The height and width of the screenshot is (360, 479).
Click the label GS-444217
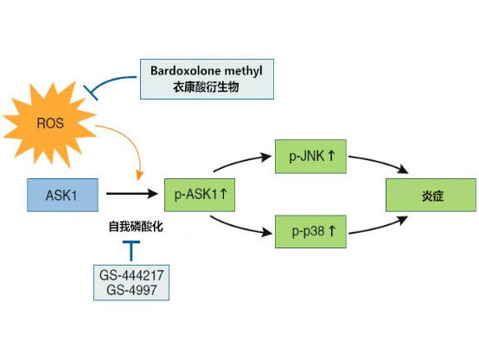click(x=131, y=277)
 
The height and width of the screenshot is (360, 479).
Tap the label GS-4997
click(x=131, y=291)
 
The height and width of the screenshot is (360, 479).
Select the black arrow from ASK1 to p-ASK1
click(x=133, y=196)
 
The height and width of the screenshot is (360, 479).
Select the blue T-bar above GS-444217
click(x=131, y=251)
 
